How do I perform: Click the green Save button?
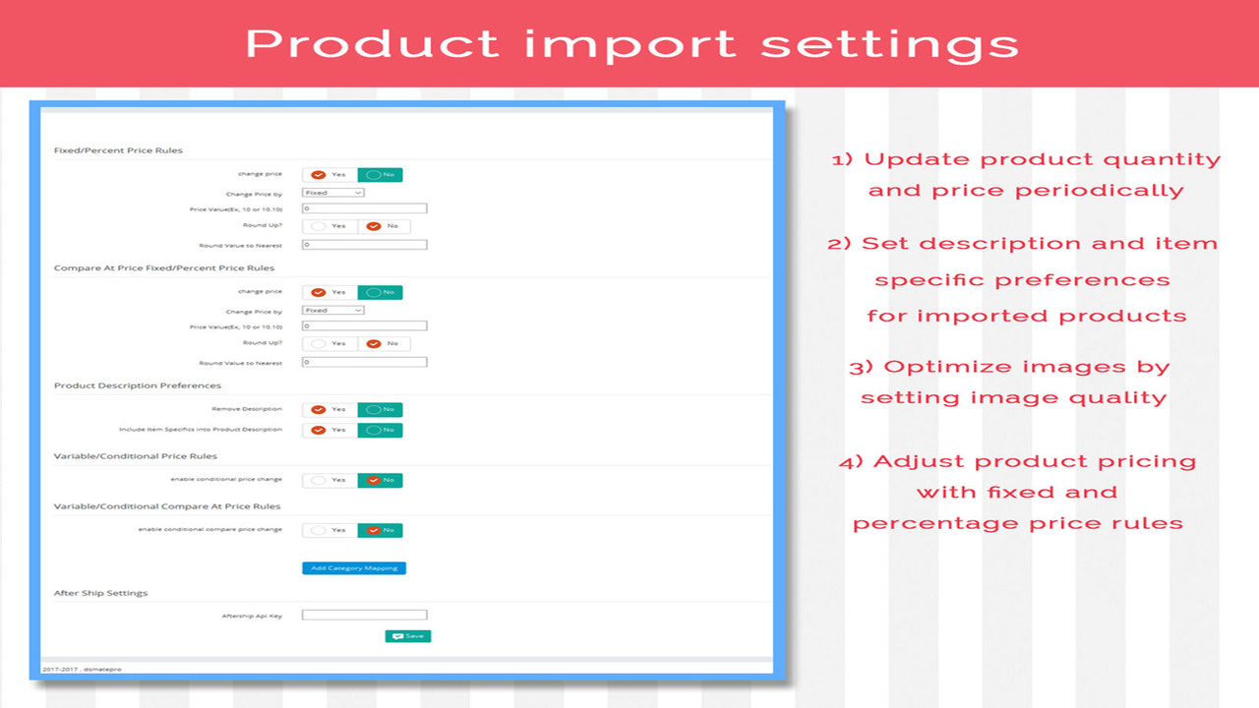tap(408, 636)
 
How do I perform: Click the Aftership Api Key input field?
tap(364, 616)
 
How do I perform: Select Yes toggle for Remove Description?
tap(330, 410)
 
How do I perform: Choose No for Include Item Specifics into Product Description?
tap(380, 430)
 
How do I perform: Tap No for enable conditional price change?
tap(380, 480)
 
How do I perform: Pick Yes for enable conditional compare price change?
tap(330, 530)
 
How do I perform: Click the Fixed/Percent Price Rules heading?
tap(118, 150)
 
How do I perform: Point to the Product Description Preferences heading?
tap(138, 385)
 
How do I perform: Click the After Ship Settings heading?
tap(100, 593)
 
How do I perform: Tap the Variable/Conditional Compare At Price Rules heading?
tap(167, 506)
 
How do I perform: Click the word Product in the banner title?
tap(372, 44)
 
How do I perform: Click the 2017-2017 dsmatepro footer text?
tap(82, 669)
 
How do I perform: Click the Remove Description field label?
tap(247, 409)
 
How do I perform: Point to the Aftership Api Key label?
tap(252, 616)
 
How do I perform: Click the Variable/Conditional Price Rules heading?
tap(136, 456)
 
